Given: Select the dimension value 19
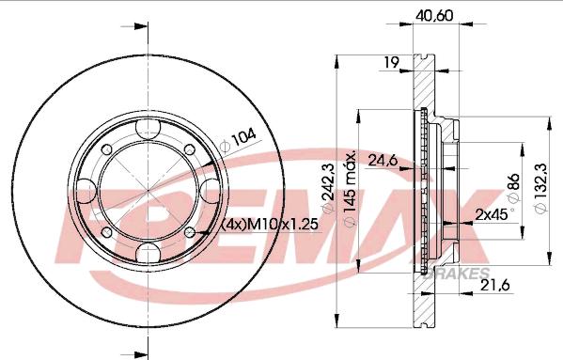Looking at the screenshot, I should tap(393, 63).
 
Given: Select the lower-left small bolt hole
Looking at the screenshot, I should tap(103, 233).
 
